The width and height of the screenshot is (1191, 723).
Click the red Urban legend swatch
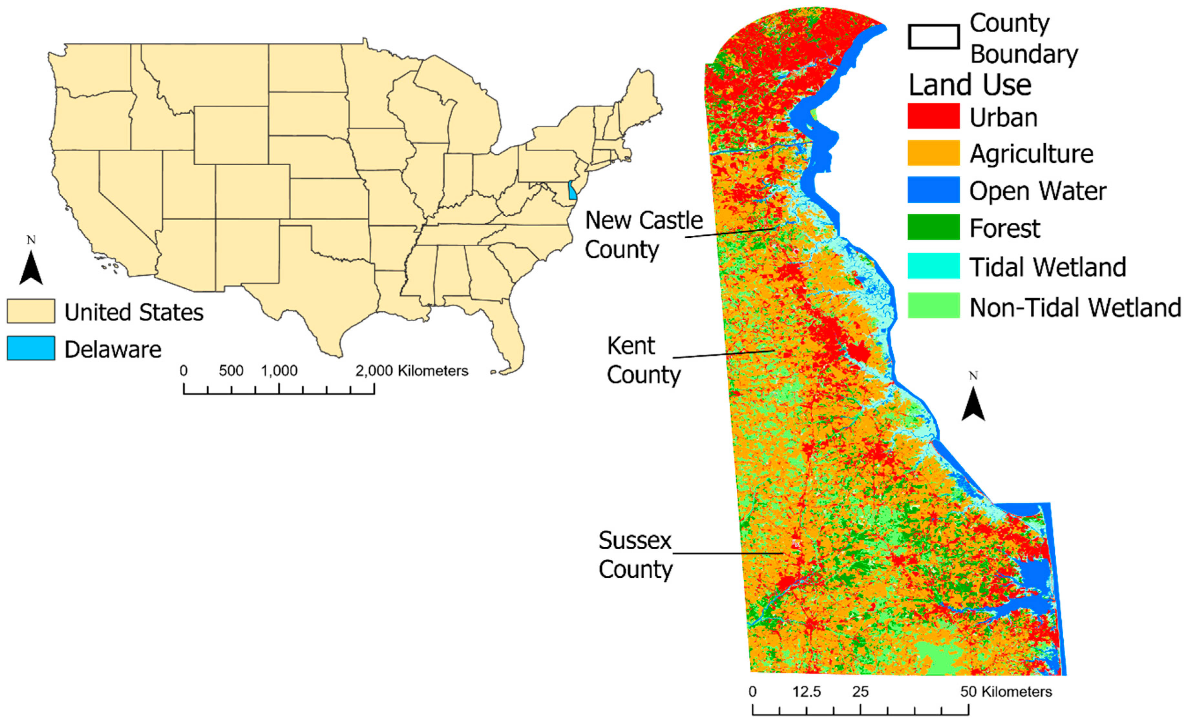[933, 116]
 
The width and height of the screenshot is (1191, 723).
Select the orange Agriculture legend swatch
[933, 153]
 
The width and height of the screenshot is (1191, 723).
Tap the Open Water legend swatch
[933, 190]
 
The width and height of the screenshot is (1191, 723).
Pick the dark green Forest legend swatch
[933, 227]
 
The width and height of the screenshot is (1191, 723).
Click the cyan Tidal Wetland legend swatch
[933, 266]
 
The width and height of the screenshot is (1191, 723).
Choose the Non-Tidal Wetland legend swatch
[933, 305]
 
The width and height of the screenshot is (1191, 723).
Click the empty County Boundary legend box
[933, 37]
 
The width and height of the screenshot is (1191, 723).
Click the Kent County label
[643, 360]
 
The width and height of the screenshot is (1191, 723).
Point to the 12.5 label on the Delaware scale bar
[806, 692]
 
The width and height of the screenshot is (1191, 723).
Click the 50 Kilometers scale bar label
[1006, 692]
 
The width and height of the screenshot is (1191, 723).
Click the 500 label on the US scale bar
[231, 371]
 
